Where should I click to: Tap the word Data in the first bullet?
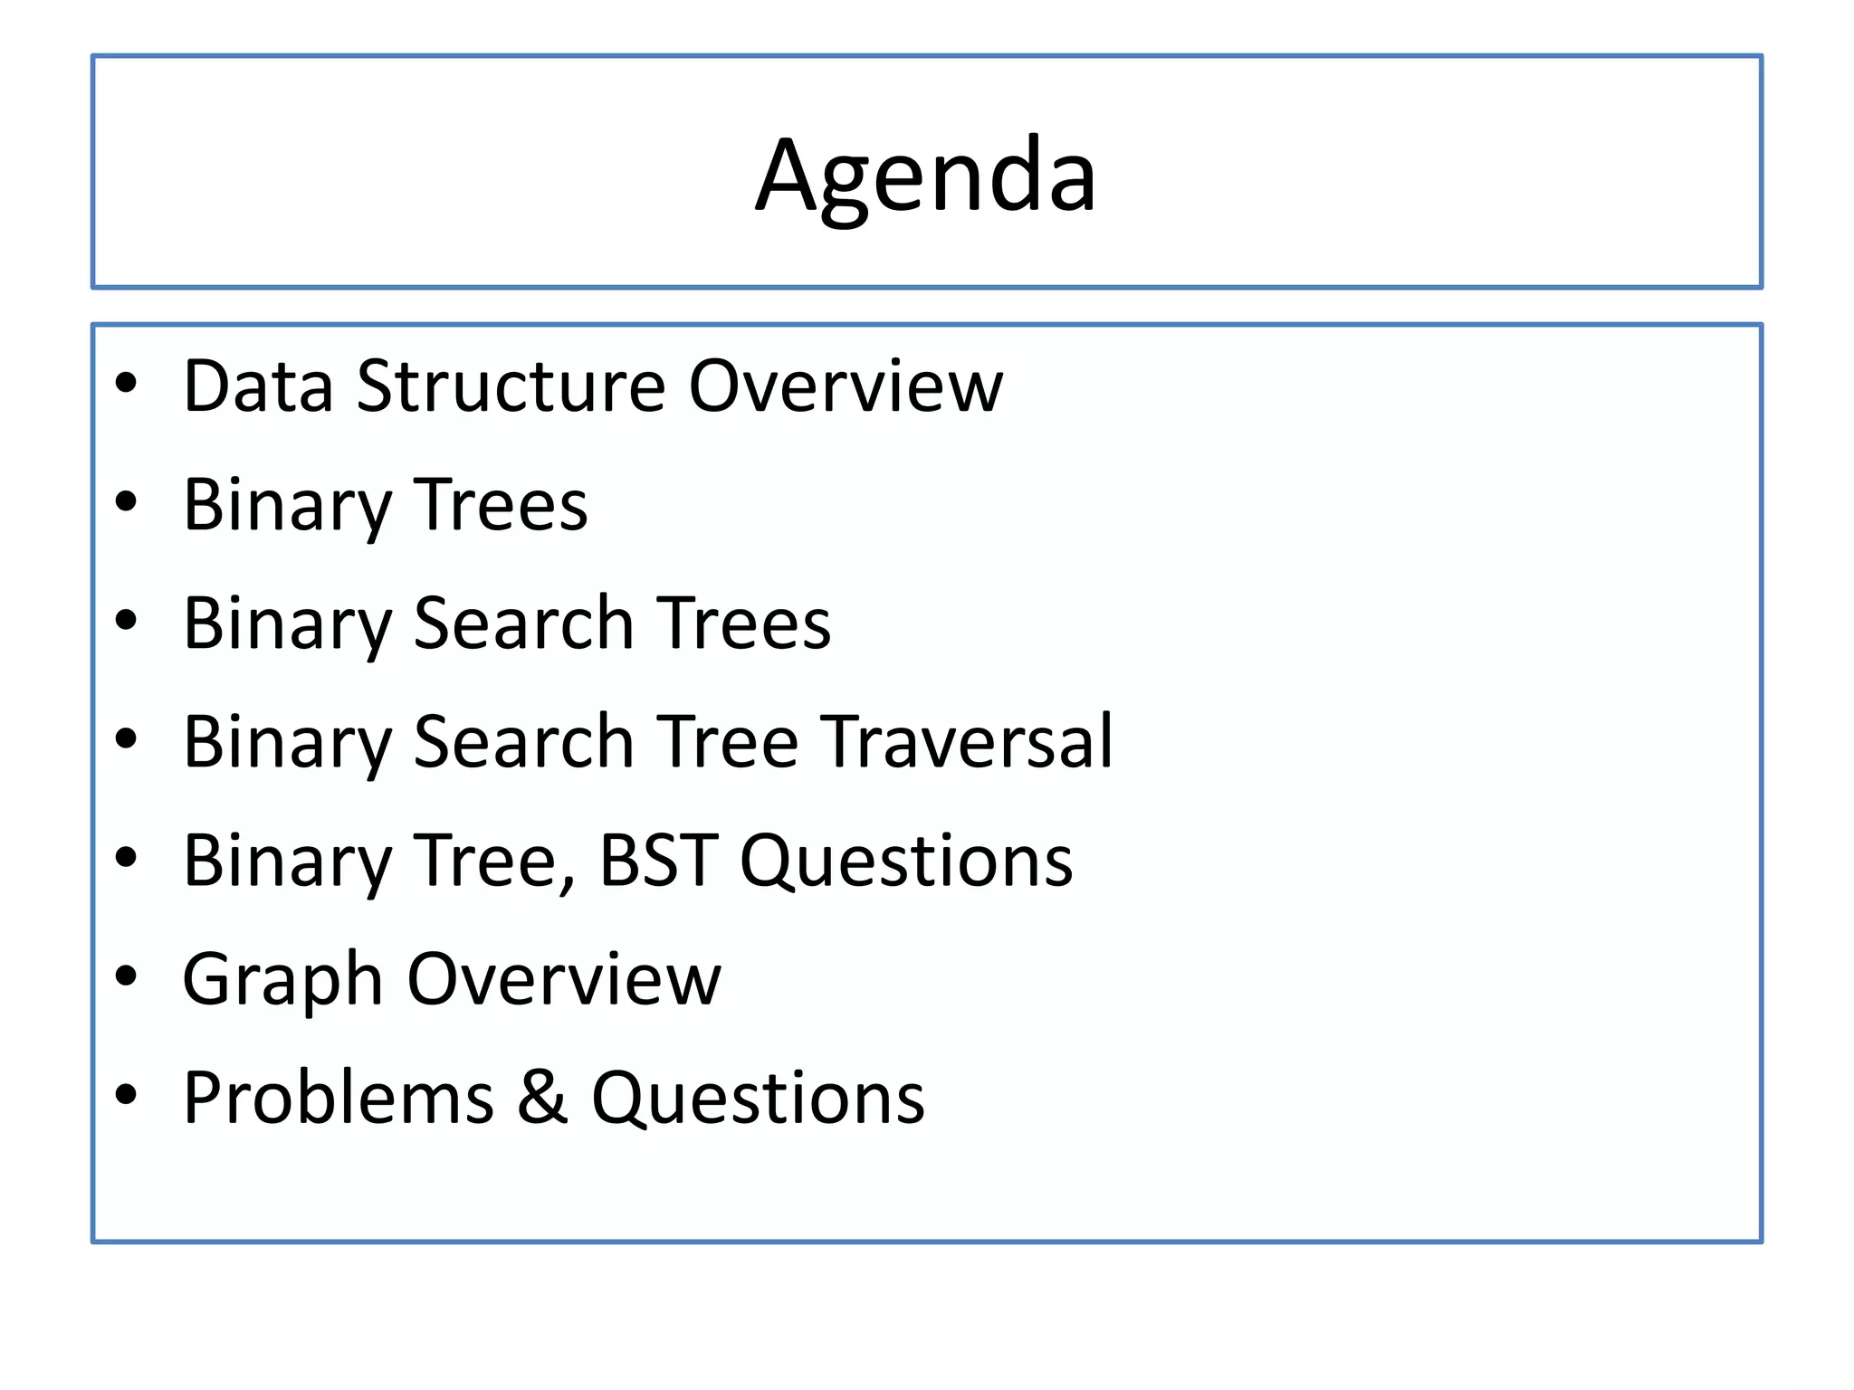pos(258,386)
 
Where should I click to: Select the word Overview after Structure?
pos(846,386)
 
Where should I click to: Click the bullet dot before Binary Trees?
pos(126,501)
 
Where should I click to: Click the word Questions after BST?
pos(906,862)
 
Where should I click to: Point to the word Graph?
pos(282,981)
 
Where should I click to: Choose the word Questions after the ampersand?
pos(759,1099)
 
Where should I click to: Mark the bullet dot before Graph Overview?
pos(126,976)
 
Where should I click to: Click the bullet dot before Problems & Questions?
pos(126,1094)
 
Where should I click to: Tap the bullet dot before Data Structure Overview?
pos(126,383)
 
